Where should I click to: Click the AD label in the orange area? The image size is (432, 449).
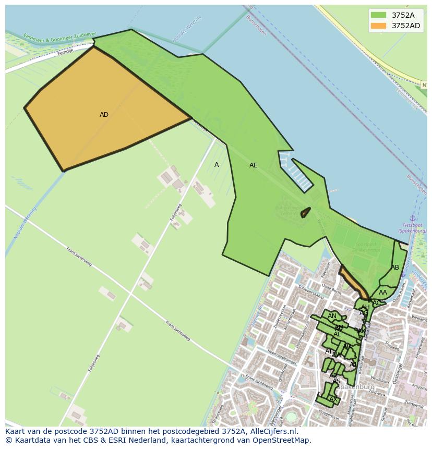(104, 115)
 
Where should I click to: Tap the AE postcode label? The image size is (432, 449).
(253, 165)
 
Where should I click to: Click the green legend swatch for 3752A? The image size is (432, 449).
(378, 15)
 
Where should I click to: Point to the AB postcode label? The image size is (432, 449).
(395, 268)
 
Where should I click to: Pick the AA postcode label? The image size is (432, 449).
(383, 293)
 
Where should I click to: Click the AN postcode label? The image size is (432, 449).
(332, 316)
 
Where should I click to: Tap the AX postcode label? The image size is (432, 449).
(333, 399)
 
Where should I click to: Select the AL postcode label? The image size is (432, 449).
(337, 334)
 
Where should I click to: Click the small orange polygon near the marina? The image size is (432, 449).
(305, 212)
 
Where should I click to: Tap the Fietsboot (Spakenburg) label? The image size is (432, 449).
(412, 228)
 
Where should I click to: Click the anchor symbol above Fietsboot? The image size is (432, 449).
(412, 218)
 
